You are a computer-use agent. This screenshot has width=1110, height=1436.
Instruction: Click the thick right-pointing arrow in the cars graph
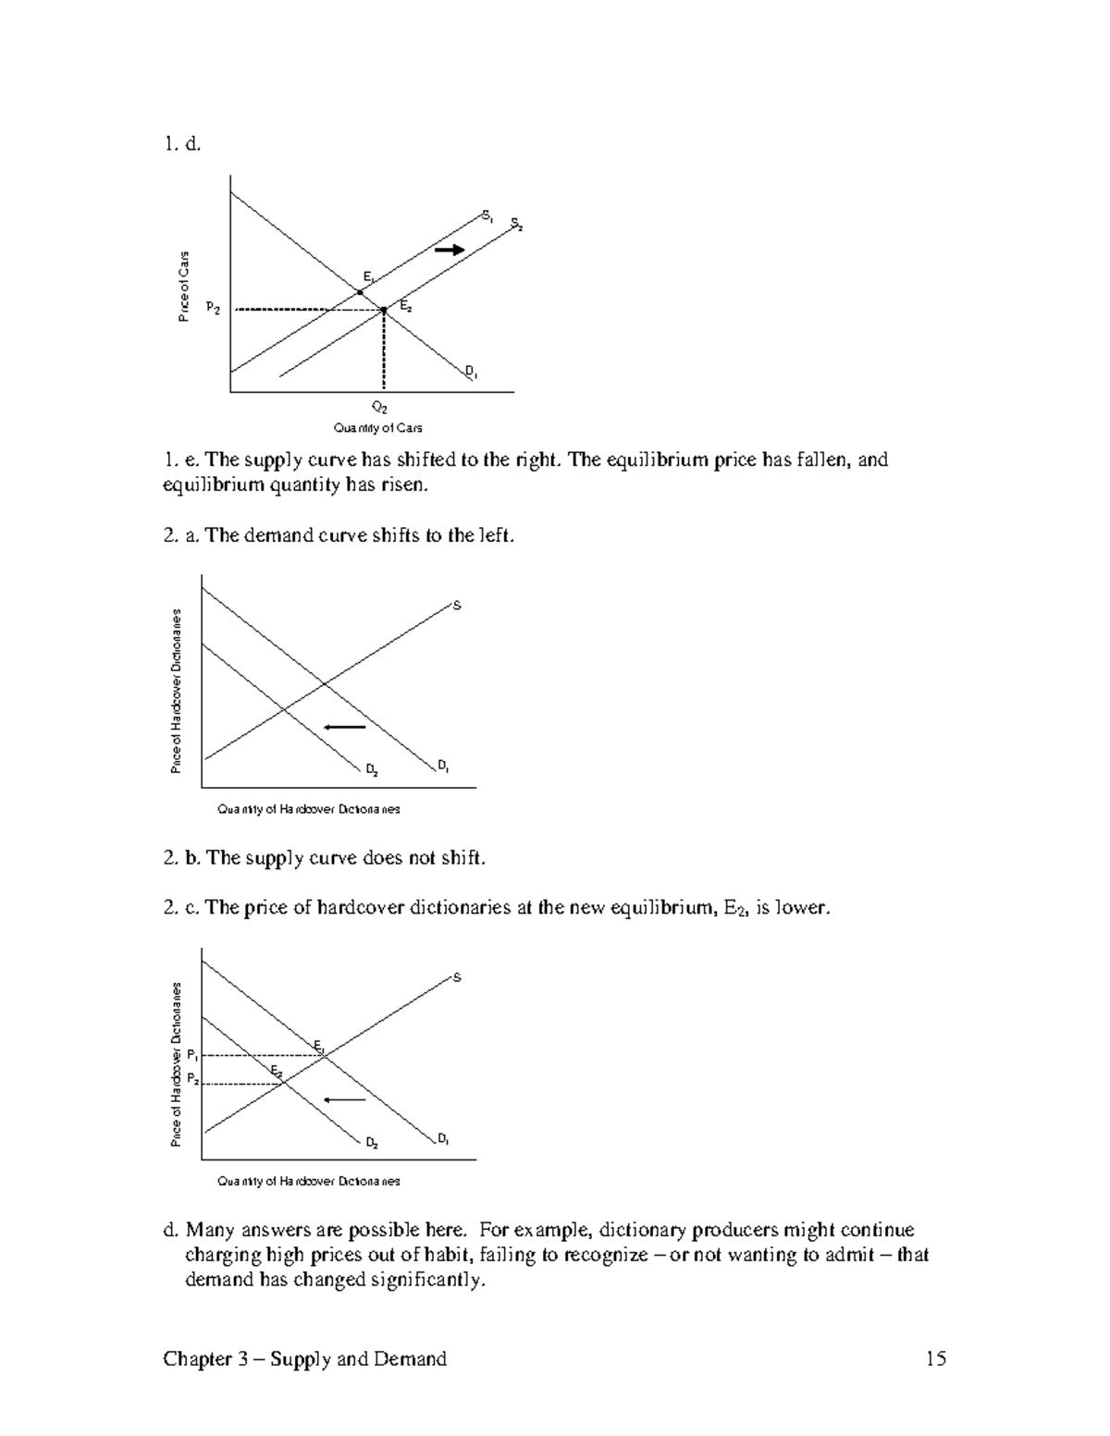450,250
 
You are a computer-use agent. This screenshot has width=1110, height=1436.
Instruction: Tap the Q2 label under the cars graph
379,407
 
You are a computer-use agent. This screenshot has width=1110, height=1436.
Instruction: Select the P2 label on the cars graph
213,308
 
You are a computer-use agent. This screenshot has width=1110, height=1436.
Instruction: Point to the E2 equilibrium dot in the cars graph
385,311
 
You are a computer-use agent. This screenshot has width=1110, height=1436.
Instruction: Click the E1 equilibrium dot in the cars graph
360,292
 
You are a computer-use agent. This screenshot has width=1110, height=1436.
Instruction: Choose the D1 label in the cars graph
471,374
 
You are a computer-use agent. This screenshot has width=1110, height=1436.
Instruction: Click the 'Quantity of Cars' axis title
377,428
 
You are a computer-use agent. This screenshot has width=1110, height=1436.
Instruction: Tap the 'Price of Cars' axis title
184,287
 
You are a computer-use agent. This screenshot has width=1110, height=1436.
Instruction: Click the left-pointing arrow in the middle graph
345,728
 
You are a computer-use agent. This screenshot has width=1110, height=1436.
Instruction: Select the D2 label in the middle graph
370,769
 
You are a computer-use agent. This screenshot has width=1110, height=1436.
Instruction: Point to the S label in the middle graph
455,606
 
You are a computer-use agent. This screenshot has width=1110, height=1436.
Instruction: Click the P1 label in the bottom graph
192,1055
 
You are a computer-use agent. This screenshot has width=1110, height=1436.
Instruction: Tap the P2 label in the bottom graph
192,1078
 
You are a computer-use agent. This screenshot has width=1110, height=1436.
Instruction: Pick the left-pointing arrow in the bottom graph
345,1099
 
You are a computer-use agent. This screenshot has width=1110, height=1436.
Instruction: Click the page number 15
935,1358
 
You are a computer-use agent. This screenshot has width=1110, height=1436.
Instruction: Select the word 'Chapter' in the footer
195,1358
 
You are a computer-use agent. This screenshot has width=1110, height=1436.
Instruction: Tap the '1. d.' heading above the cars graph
182,143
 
